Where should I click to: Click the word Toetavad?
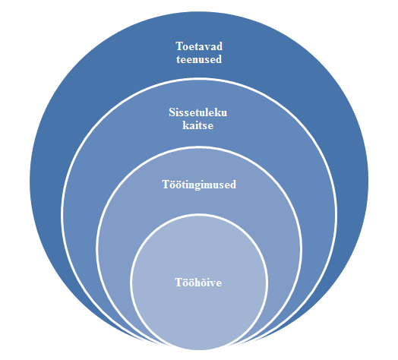199,46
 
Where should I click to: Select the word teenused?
199,59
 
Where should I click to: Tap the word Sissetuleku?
198,112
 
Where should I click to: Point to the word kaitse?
198,125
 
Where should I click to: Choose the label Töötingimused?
199,185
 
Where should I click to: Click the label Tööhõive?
198,283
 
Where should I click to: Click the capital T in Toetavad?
179,46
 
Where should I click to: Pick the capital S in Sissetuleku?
172,112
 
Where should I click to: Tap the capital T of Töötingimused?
166,185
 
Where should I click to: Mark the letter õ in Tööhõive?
203,283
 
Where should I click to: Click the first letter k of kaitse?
185,125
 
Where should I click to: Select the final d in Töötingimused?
233,185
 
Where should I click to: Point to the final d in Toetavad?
220,46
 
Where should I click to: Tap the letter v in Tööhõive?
213,284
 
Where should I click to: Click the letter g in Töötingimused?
198,186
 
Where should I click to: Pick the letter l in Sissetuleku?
207,112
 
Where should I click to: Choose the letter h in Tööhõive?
197,283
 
